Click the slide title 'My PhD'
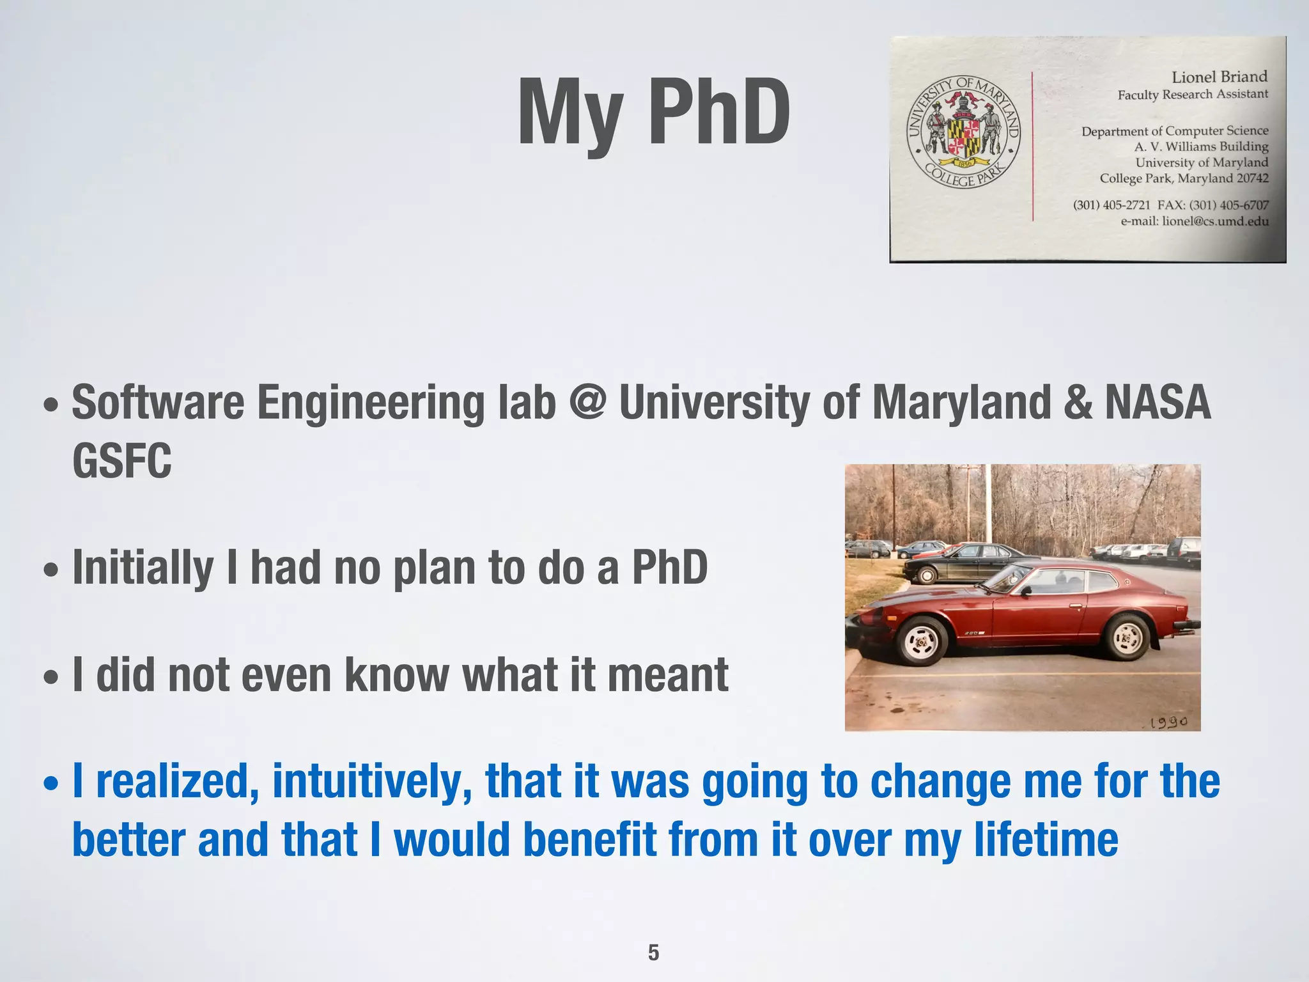point(654,113)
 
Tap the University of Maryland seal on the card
point(964,132)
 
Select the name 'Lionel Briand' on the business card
point(1219,77)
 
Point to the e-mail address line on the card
point(1194,221)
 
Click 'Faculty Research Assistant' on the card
point(1193,95)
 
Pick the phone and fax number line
point(1170,205)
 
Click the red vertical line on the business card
point(1032,147)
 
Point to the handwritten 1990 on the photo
point(1168,722)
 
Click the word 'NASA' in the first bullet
point(1158,402)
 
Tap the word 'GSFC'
point(122,461)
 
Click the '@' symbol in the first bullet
point(587,402)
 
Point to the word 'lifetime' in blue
point(1046,839)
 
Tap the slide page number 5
point(653,953)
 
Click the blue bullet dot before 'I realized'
point(52,784)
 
